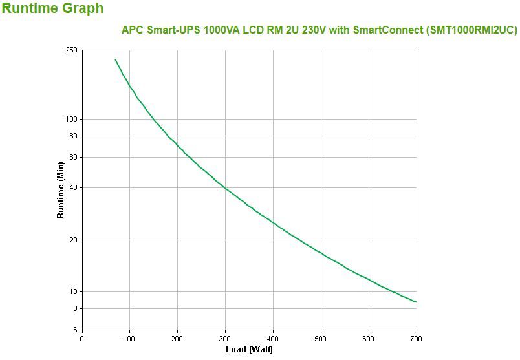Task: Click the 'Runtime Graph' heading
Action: tap(52, 9)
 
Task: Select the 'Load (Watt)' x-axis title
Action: tap(249, 350)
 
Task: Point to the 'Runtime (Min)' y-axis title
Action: tap(61, 190)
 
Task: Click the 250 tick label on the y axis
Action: tap(71, 50)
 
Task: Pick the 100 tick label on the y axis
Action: tap(71, 119)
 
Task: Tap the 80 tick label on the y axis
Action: tap(73, 136)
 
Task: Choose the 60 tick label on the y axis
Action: tap(73, 157)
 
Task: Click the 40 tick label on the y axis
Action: tap(73, 187)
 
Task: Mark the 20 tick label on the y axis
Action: tap(73, 240)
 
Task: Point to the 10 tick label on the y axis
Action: tap(73, 291)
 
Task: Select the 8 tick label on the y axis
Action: tap(75, 308)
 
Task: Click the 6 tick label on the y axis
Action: tap(75, 330)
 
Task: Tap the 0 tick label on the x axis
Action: tap(81, 338)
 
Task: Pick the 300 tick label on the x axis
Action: tap(225, 338)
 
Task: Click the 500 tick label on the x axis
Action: tap(321, 338)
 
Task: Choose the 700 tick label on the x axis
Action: tap(417, 338)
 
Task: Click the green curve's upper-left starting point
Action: tap(116, 60)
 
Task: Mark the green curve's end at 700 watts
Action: tap(416, 302)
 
